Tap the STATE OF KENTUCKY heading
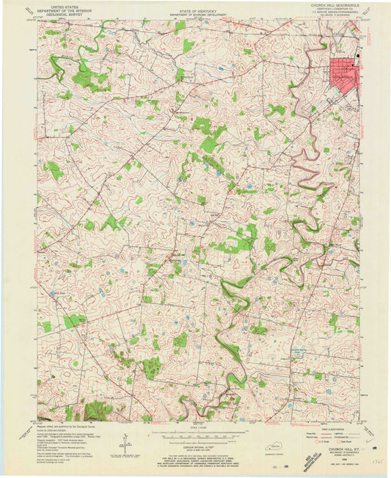pyautogui.click(x=195, y=5)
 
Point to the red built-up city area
pyautogui.click(x=344, y=73)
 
